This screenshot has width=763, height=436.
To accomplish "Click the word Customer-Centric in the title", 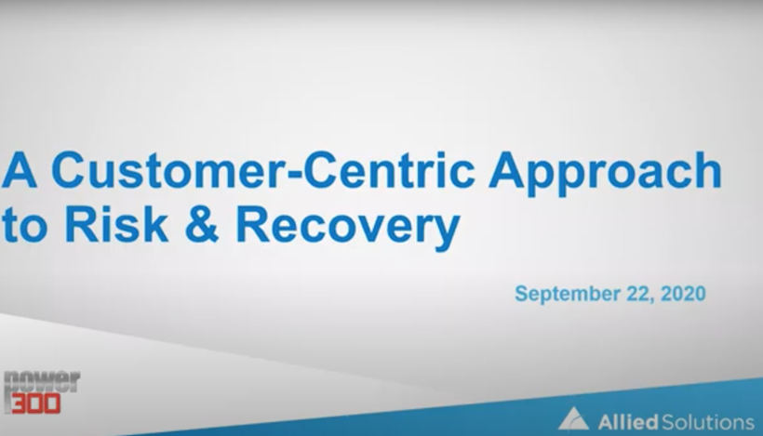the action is [263, 170].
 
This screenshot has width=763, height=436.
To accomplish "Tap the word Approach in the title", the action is [606, 174].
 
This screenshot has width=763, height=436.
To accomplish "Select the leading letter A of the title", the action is [19, 169].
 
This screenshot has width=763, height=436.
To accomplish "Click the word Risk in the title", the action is [117, 225].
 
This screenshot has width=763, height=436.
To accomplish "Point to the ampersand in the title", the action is [202, 225].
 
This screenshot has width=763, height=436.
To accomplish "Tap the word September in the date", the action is [567, 295].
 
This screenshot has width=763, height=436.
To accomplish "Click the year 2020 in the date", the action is [683, 294].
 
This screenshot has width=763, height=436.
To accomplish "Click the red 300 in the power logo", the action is [35, 403].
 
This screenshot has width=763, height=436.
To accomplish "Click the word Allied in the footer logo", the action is [628, 422].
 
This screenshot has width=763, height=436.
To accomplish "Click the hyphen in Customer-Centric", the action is [295, 173].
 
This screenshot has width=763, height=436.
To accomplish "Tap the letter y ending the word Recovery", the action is [446, 233].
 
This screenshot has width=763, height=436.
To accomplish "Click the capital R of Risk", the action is [81, 225].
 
